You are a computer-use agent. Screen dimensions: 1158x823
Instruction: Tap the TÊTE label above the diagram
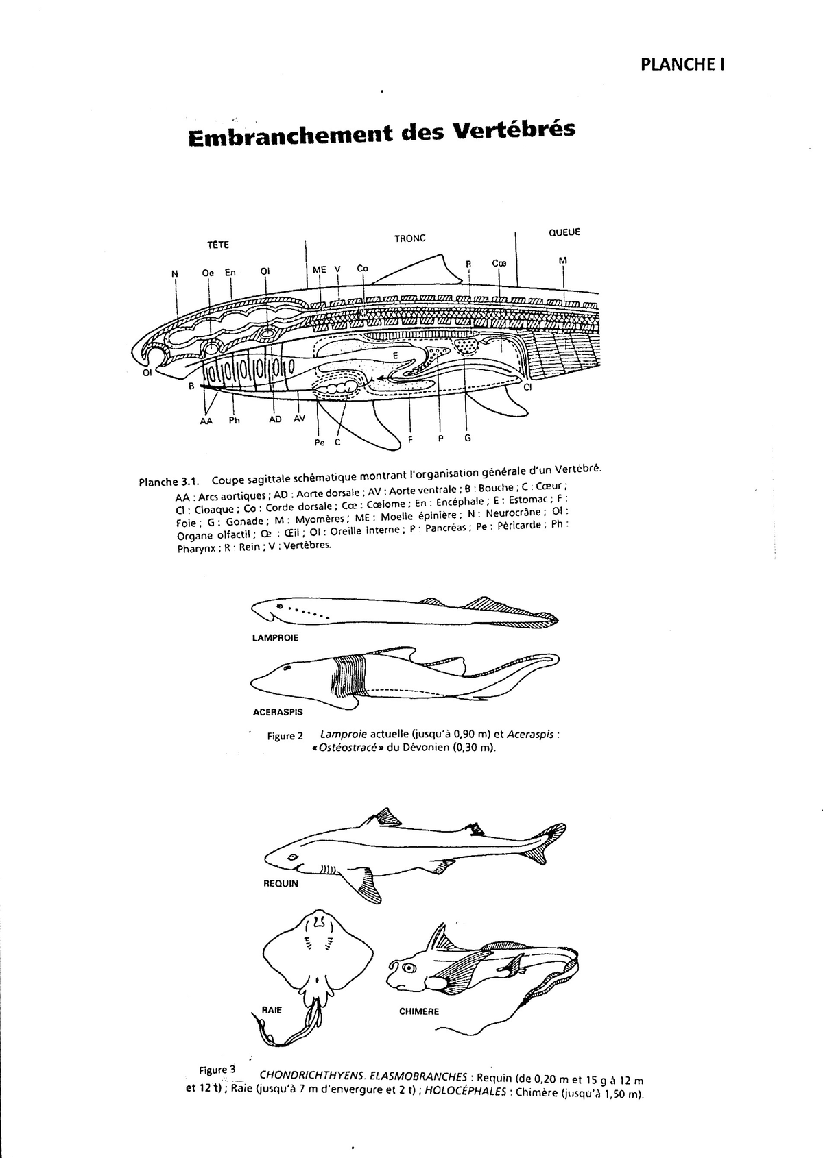coord(218,245)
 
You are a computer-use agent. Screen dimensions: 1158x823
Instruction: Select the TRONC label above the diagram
coord(409,238)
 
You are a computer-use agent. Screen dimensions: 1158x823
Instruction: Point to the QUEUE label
coord(564,232)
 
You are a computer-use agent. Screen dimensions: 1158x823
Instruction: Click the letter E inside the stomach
coord(395,355)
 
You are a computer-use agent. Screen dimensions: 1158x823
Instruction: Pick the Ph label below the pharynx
coord(235,420)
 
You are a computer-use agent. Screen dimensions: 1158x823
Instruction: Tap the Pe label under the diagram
coord(319,443)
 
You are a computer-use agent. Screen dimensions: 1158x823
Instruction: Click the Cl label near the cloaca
coord(527,387)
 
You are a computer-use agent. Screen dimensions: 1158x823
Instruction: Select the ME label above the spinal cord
coord(319,269)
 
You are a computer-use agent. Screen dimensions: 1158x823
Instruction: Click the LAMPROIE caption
coord(276,637)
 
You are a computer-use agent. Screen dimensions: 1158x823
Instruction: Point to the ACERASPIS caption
coord(278,712)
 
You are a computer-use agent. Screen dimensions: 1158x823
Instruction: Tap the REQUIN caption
coord(281,883)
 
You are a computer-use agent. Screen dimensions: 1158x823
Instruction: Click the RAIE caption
coord(272,1009)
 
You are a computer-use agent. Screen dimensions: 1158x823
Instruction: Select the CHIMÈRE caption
coord(418,1011)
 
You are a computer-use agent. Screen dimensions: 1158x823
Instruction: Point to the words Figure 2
coord(285,736)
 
